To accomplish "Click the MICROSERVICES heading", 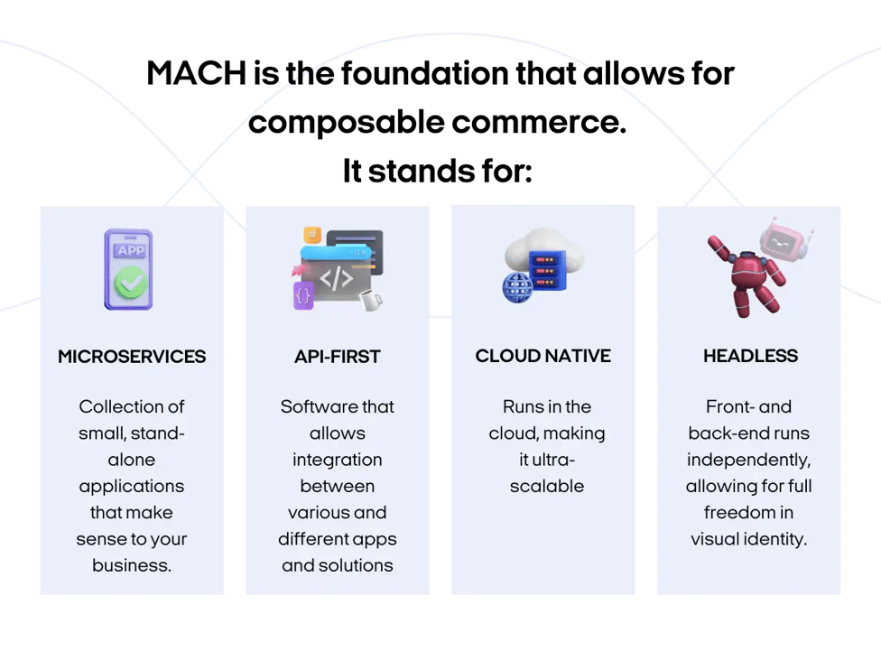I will [x=132, y=357].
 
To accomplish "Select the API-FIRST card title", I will [x=337, y=357].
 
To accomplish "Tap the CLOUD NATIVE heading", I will [x=543, y=356].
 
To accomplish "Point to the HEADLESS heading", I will [x=750, y=357].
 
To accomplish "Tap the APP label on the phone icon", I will [x=128, y=249].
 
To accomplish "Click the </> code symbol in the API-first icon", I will [x=336, y=278].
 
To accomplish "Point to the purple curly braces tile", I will [x=303, y=295].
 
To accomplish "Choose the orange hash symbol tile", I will [x=312, y=233].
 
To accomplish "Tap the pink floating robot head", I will [x=783, y=240].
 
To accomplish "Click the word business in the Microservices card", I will [x=132, y=565].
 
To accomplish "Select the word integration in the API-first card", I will [x=337, y=460].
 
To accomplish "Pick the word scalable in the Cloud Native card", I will [x=546, y=486].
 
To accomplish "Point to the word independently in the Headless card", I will [x=748, y=460].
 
